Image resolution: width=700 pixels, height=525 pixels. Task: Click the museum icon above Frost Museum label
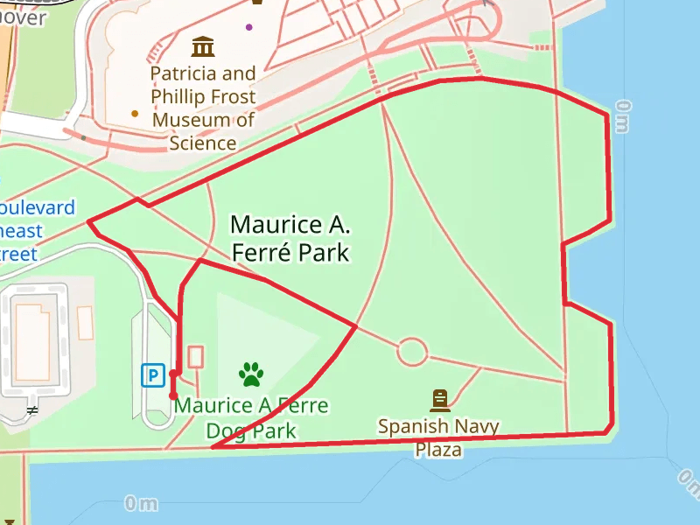[203, 45]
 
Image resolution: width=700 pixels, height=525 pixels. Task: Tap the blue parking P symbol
[153, 375]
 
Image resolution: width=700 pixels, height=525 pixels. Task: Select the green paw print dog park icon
[251, 374]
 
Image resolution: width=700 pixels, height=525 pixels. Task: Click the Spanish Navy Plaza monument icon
[439, 401]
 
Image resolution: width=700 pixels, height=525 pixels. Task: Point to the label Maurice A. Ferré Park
[290, 239]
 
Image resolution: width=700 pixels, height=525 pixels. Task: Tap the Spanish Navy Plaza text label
[438, 437]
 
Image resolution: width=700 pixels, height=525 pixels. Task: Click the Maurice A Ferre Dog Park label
[251, 418]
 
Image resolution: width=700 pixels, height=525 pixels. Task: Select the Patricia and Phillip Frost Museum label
[203, 108]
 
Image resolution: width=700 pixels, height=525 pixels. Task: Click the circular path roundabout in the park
[412, 352]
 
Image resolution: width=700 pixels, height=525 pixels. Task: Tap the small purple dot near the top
[249, 27]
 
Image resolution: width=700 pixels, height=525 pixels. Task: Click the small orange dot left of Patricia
[135, 113]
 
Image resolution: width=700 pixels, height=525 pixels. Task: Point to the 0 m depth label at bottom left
[140, 503]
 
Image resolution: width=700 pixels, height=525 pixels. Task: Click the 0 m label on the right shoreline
[622, 116]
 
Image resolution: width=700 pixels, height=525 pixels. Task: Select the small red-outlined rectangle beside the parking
[195, 356]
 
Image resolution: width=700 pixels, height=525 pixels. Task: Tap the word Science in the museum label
[203, 143]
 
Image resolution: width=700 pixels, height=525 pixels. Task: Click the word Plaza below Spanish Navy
[438, 450]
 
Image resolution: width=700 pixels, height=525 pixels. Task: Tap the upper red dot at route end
[173, 374]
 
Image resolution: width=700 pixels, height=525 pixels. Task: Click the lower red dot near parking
[173, 395]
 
